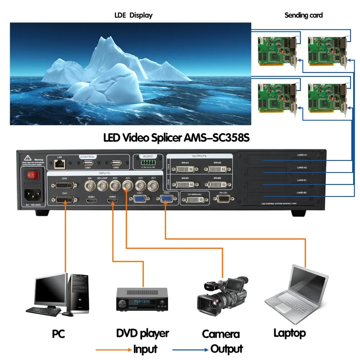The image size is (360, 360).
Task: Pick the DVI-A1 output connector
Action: [186, 169]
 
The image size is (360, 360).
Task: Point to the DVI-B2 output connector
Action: [217, 184]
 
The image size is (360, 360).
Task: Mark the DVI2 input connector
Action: [64, 185]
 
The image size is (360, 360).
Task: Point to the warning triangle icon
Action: [27, 158]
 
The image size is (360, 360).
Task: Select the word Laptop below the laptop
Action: [289, 333]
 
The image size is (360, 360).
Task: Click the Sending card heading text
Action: [303, 15]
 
